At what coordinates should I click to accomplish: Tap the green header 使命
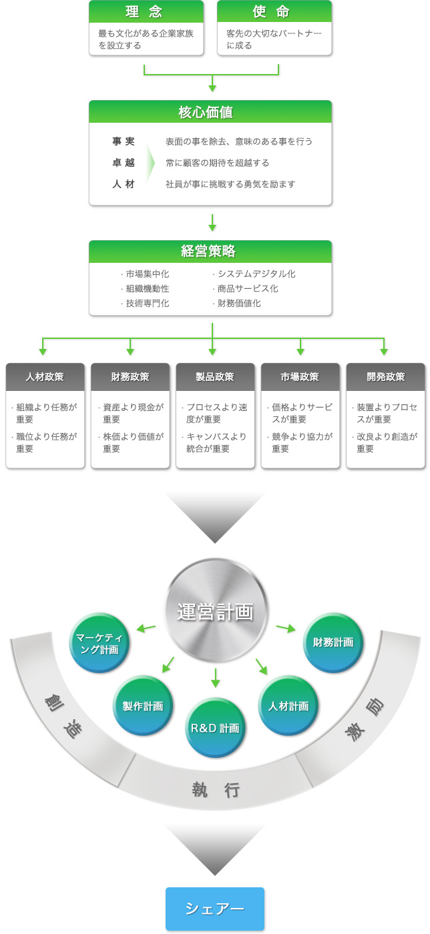(274, 12)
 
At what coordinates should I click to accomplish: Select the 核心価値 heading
(210, 111)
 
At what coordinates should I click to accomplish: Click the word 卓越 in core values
(124, 163)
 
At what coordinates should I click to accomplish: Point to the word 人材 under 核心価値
(124, 184)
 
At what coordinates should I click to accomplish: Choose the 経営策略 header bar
(210, 252)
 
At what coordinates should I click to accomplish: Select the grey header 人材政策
(45, 376)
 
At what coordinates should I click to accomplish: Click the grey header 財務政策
(130, 376)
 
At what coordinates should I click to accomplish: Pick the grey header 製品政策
(215, 376)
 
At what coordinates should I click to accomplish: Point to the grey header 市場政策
(300, 376)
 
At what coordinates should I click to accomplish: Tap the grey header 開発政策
(385, 376)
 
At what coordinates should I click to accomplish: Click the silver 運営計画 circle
(215, 611)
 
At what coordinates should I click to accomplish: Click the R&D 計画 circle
(215, 728)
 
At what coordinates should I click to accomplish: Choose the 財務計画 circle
(333, 642)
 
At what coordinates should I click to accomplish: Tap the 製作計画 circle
(143, 706)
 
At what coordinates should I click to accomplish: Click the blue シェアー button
(215, 909)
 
